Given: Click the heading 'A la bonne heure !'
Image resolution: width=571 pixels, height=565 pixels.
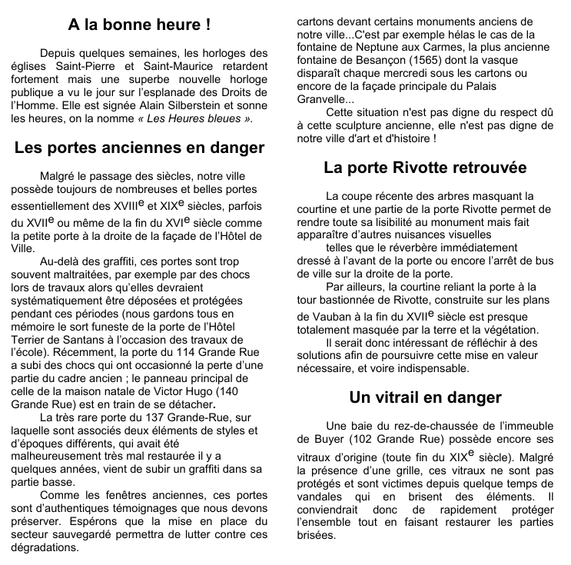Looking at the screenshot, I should (x=139, y=25).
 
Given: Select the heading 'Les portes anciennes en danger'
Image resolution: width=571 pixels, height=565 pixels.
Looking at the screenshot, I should (x=139, y=148).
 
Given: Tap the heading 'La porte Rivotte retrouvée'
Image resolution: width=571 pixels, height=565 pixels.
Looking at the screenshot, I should (x=425, y=167).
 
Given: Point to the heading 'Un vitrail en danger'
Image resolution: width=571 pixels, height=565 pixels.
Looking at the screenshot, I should (x=425, y=397).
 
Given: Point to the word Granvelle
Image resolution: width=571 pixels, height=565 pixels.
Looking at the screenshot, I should (x=322, y=99).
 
